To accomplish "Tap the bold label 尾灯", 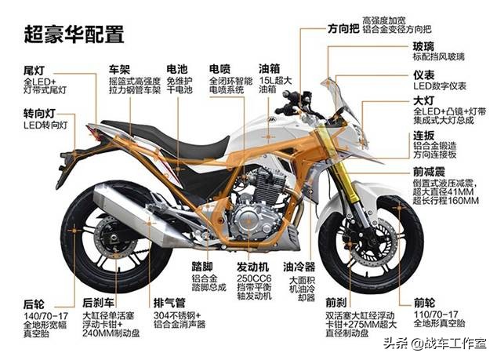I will point(35,70).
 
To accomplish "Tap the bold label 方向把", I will point(343,28).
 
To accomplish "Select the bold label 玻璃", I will point(424,45).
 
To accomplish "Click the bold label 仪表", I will point(424,74).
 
